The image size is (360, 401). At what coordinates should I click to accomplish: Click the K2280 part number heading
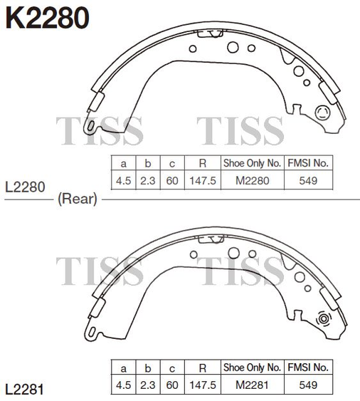coord(47,17)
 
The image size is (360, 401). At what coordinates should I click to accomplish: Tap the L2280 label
coord(25,187)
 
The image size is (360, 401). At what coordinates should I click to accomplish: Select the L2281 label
coord(24,390)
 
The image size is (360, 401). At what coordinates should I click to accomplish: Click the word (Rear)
coord(78,199)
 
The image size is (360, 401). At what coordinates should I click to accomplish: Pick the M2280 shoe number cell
coord(252,180)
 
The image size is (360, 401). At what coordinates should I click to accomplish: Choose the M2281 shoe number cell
coord(252,385)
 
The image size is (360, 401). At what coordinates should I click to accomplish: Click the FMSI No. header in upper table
coord(308,163)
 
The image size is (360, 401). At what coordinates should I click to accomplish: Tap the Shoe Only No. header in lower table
coord(252,368)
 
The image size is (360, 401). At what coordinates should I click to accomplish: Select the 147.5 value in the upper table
coord(203,180)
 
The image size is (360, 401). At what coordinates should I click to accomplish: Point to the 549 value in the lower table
coord(308,385)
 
